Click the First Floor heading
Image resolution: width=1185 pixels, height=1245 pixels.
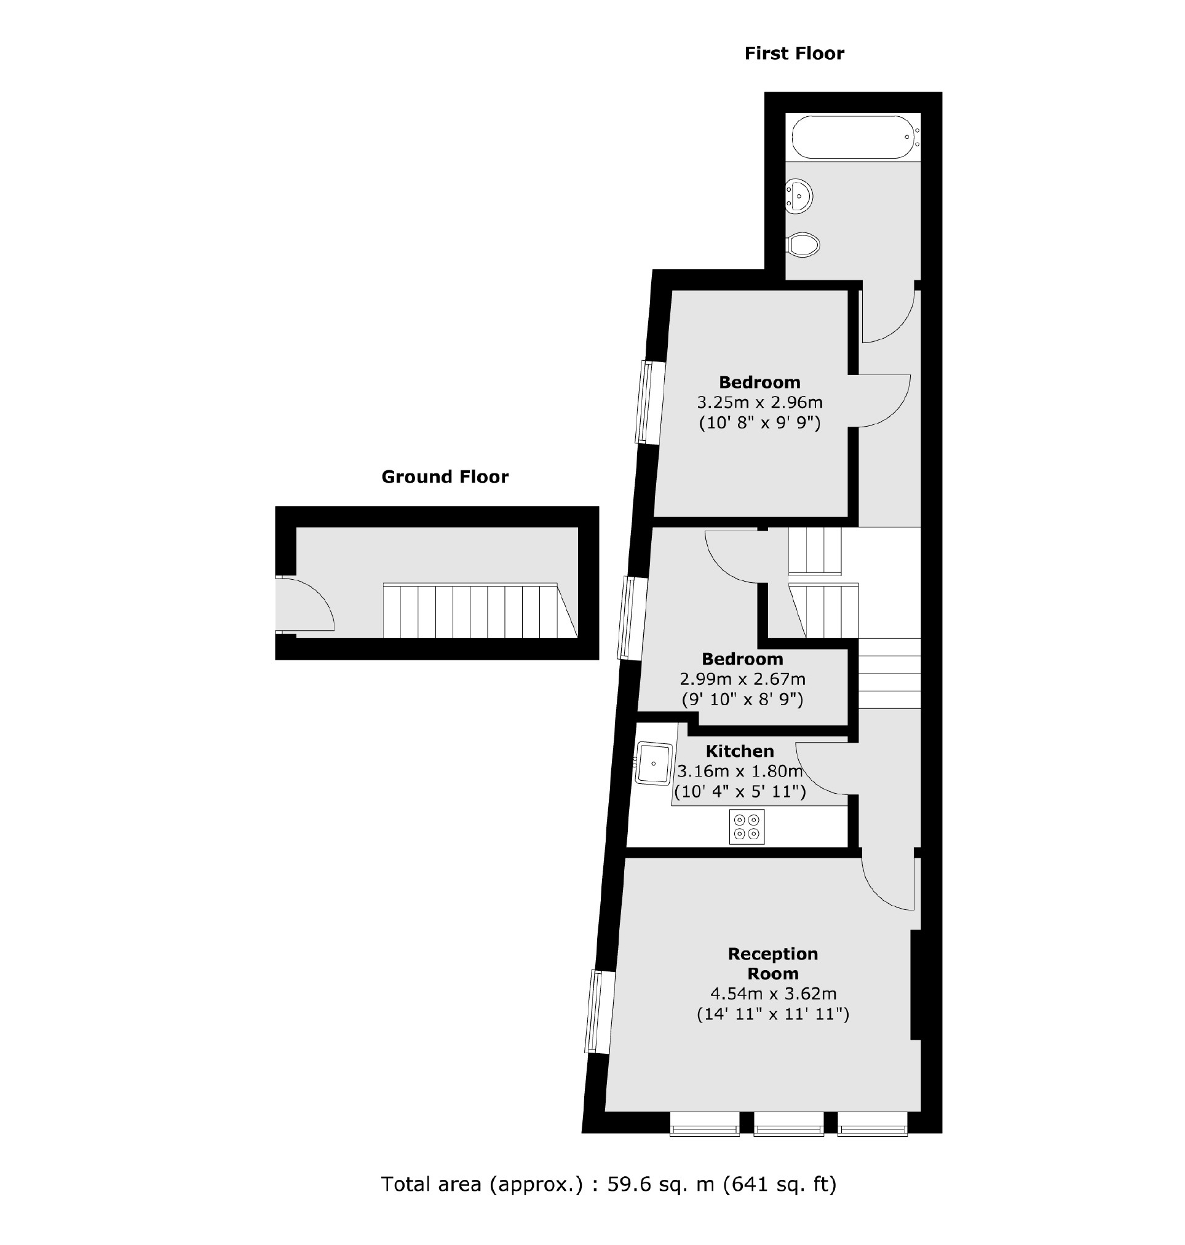[794, 53]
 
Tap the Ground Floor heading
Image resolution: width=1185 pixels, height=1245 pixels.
[445, 477]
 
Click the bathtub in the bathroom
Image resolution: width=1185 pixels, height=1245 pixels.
[853, 137]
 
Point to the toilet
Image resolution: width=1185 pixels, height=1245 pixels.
[804, 245]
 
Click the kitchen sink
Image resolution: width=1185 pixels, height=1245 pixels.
[653, 763]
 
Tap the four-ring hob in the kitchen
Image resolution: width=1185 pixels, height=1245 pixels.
[747, 827]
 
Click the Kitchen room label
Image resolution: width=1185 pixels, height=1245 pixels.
[740, 751]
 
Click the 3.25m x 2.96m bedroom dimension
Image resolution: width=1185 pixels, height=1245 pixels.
[759, 402]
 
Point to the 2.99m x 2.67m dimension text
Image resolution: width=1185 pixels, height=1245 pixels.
[742, 679]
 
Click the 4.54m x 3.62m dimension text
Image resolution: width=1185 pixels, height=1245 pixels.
[773, 994]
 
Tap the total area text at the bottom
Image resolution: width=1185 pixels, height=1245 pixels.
[608, 1184]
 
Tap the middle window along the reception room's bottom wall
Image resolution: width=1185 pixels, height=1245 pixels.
[788, 1132]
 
